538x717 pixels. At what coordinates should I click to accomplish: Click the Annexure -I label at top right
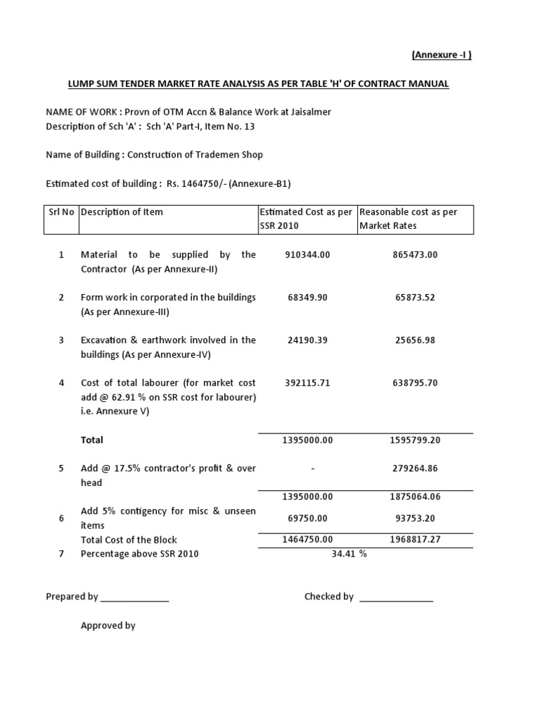441,55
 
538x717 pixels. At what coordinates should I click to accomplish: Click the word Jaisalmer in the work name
309,112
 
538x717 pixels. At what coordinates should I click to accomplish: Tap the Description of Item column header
122,212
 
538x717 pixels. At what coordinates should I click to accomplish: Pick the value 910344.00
308,255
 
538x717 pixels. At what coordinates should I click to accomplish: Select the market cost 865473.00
415,255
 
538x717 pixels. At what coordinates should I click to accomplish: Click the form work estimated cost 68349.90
308,298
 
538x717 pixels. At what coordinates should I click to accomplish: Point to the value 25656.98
415,340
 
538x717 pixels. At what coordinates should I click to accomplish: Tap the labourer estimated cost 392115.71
308,383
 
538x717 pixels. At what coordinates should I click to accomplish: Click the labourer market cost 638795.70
415,383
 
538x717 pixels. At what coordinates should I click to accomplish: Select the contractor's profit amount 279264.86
415,468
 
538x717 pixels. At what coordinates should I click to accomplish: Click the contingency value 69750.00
308,518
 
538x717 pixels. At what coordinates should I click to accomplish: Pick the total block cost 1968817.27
415,540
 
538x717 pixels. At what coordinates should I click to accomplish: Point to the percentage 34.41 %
348,554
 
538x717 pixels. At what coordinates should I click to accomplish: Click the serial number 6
62,518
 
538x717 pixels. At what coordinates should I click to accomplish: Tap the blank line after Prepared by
134,598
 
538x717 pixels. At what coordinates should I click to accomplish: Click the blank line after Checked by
396,598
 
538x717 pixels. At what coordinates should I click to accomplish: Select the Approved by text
108,626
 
